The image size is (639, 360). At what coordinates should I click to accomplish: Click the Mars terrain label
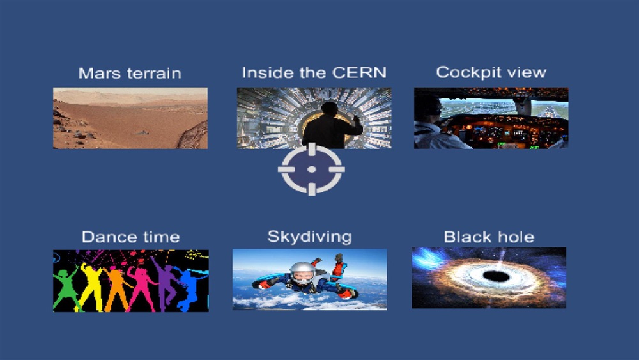(x=130, y=74)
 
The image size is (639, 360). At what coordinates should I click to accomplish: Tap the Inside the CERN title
(x=314, y=72)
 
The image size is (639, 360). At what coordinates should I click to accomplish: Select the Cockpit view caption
(x=491, y=72)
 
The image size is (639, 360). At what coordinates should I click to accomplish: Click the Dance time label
(x=130, y=237)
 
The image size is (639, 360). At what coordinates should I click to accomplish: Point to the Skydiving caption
(x=309, y=237)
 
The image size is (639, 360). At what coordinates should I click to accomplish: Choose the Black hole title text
(x=489, y=237)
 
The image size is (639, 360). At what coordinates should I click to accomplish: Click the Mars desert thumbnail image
(x=130, y=118)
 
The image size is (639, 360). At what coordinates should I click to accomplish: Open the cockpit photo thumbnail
(x=491, y=118)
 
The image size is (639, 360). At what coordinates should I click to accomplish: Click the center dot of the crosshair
(x=312, y=169)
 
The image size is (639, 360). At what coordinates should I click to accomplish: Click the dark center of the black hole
(x=497, y=277)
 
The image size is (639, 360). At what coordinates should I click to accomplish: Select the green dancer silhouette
(x=65, y=288)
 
